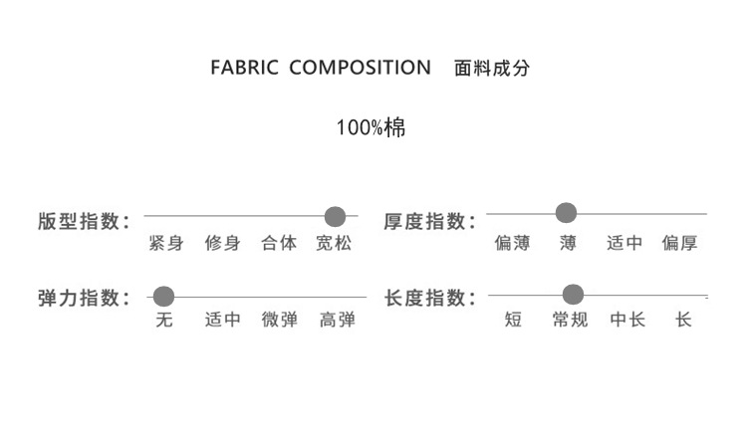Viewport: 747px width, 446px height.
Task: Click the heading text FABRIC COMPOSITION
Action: coord(321,68)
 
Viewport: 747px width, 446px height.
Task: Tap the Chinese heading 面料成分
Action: coord(492,69)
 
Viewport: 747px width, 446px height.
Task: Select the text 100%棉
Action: coord(371,127)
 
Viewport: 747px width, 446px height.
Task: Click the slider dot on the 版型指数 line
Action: coord(335,216)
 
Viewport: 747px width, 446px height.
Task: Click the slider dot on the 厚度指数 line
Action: coord(566,211)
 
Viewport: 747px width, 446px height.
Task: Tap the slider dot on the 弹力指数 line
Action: coord(164,296)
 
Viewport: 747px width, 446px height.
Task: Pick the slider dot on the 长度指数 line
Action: coord(573,294)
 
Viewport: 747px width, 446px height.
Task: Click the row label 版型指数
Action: coord(85,221)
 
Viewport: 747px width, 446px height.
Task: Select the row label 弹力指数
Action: coord(85,298)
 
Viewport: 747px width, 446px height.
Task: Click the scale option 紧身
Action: coord(165,243)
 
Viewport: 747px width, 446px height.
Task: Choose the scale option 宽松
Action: coord(334,243)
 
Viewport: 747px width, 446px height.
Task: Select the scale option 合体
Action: coord(279,243)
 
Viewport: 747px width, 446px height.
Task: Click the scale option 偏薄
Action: coord(512,243)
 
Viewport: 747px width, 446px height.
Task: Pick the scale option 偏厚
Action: coord(680,243)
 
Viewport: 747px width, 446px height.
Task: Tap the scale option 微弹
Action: coord(279,320)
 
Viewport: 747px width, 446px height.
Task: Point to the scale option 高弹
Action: coord(337,320)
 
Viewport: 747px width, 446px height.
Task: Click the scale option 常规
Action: coord(569,320)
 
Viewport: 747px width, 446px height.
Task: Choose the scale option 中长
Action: coord(627,320)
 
